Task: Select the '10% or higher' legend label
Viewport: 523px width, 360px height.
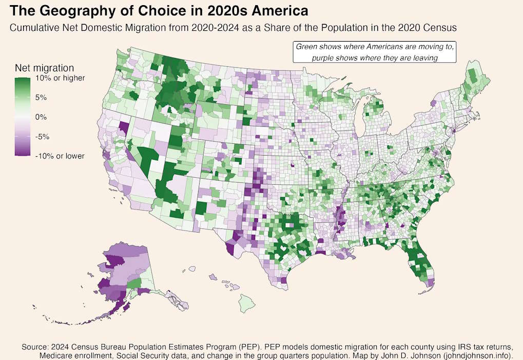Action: click(60, 79)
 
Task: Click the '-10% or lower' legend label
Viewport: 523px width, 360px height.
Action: click(60, 156)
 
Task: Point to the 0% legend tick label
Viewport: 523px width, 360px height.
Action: click(41, 117)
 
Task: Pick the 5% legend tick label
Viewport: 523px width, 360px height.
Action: click(41, 98)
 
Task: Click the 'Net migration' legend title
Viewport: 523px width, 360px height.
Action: click(44, 68)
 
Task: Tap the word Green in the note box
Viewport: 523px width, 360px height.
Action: click(306, 46)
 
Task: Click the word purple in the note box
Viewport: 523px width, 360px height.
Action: click(323, 58)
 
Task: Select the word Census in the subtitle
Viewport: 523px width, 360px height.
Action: click(442, 27)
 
